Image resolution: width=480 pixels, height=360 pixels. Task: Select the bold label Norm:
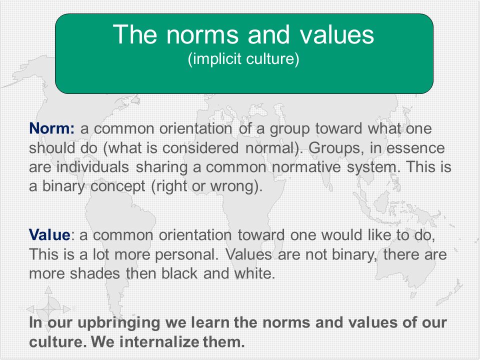pyautogui.click(x=51, y=128)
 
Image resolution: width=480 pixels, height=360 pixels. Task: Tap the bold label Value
pyautogui.click(x=49, y=235)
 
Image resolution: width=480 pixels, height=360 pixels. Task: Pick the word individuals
pyautogui.click(x=93, y=167)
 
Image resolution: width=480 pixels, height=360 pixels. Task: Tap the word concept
pyautogui.click(x=118, y=186)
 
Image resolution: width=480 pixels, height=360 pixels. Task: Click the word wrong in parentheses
pyautogui.click(x=233, y=186)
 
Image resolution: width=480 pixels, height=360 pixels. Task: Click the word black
pyautogui.click(x=179, y=273)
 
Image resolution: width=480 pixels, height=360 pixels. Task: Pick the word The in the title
pyautogui.click(x=135, y=34)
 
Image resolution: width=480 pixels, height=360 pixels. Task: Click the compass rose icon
pyautogui.click(x=48, y=309)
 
